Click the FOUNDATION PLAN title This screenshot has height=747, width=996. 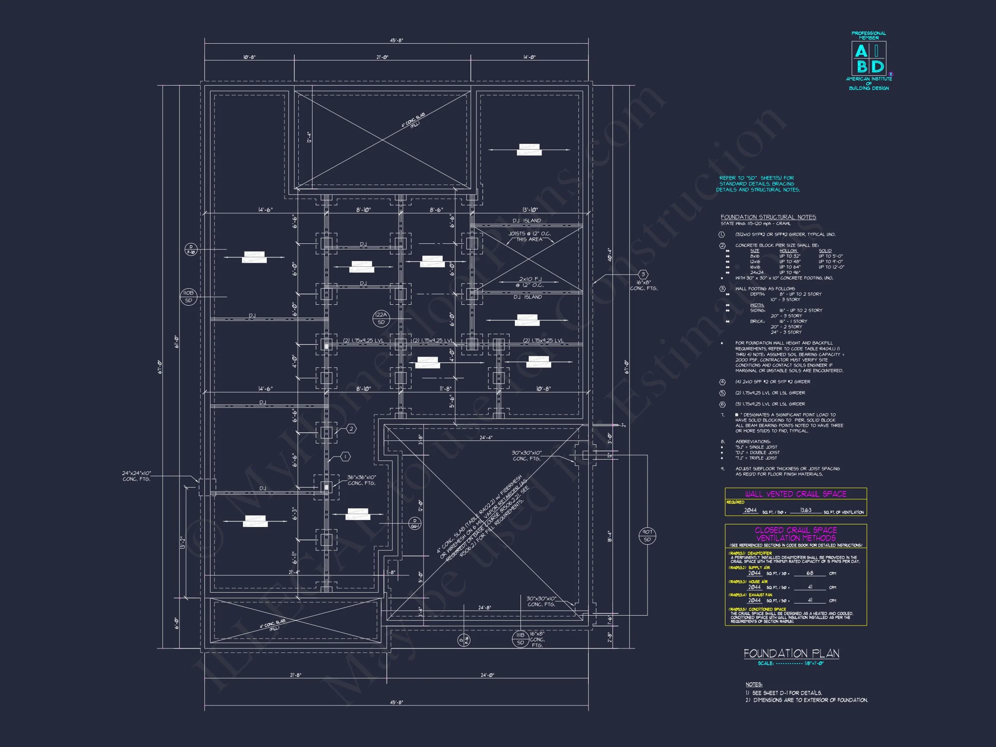(x=791, y=653)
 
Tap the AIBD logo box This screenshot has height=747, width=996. (x=868, y=59)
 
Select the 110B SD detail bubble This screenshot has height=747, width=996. (x=188, y=297)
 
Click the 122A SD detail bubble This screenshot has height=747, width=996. (x=381, y=318)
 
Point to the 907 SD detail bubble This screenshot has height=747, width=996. (x=647, y=535)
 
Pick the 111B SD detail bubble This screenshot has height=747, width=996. (x=520, y=638)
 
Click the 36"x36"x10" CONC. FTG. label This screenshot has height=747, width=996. (x=361, y=480)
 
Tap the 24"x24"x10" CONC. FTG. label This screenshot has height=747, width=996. (x=137, y=476)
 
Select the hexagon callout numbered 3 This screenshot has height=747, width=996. (x=643, y=274)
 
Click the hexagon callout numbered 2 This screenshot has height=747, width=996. (x=351, y=429)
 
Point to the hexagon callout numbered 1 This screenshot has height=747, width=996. (x=345, y=456)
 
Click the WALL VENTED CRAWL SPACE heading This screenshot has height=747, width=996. (x=795, y=494)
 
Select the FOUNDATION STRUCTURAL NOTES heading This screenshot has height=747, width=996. (x=768, y=217)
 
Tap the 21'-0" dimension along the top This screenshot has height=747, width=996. (x=382, y=57)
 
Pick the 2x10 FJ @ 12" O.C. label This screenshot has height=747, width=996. (x=531, y=282)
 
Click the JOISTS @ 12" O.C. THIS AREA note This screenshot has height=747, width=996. (x=530, y=236)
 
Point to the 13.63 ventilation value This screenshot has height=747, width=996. (x=805, y=510)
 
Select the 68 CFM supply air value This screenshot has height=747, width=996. (x=810, y=573)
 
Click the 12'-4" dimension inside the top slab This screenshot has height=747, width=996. (x=310, y=137)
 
